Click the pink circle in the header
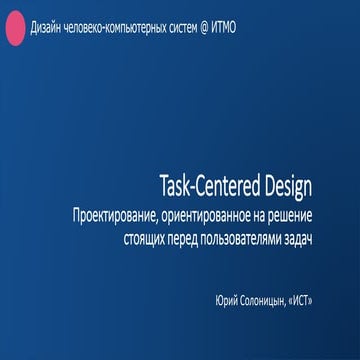click(x=16, y=31)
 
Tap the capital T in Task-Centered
click(x=163, y=187)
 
